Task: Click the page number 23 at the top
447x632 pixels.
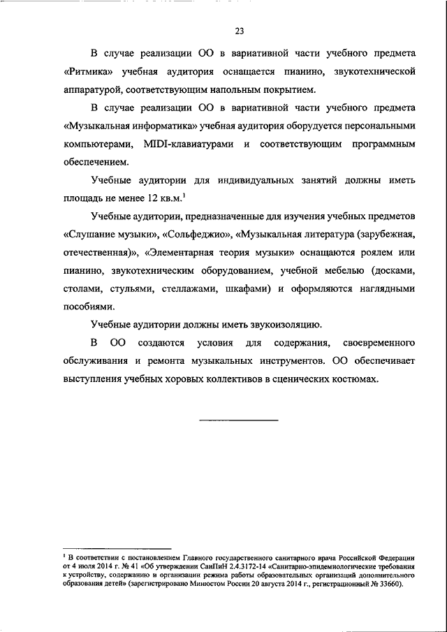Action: click(x=239, y=31)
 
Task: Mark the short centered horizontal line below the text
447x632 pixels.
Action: click(x=239, y=420)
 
